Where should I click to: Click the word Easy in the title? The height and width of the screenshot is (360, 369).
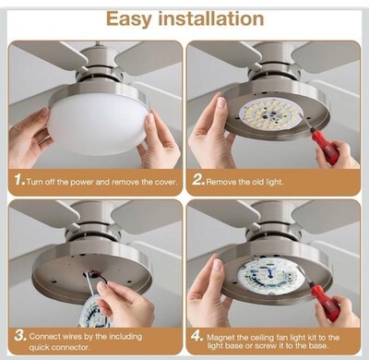[x=129, y=19]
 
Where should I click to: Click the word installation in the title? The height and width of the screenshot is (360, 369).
[x=211, y=18]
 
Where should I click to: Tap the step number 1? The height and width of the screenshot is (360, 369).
[x=19, y=180]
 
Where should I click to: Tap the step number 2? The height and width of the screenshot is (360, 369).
[x=198, y=180]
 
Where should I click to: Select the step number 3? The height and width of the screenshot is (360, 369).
[x=21, y=335]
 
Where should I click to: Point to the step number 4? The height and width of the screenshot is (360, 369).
[x=196, y=335]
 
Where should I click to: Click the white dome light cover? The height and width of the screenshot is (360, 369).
[x=97, y=128]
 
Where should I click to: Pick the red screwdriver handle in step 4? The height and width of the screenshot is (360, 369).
[x=326, y=302]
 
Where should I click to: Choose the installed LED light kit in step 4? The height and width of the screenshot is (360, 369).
[x=269, y=272]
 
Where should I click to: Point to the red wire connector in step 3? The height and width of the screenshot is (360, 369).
[x=94, y=273]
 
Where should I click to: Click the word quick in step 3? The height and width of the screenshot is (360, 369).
[x=39, y=348]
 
